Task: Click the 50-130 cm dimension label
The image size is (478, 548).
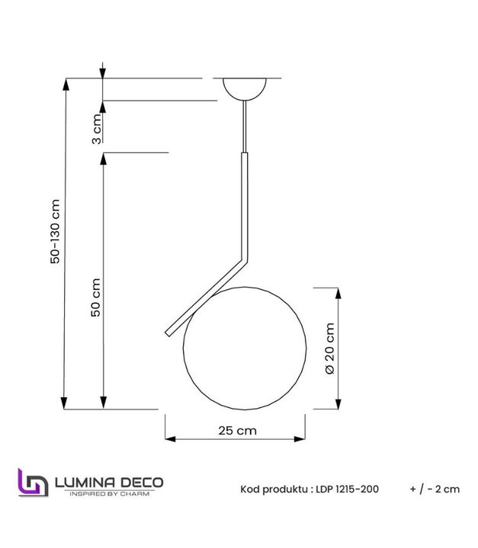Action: click(54, 233)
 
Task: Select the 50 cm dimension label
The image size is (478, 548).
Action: click(96, 297)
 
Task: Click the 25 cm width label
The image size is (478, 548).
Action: click(236, 430)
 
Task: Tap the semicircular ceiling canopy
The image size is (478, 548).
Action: click(245, 87)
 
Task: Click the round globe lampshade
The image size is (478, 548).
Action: click(245, 346)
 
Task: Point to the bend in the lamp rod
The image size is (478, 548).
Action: click(245, 260)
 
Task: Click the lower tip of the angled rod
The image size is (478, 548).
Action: click(168, 332)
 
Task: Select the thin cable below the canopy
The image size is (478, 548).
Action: click(245, 126)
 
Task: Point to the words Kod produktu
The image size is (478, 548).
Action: click(274, 489)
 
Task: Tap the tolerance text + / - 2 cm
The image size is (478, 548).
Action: click(435, 489)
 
